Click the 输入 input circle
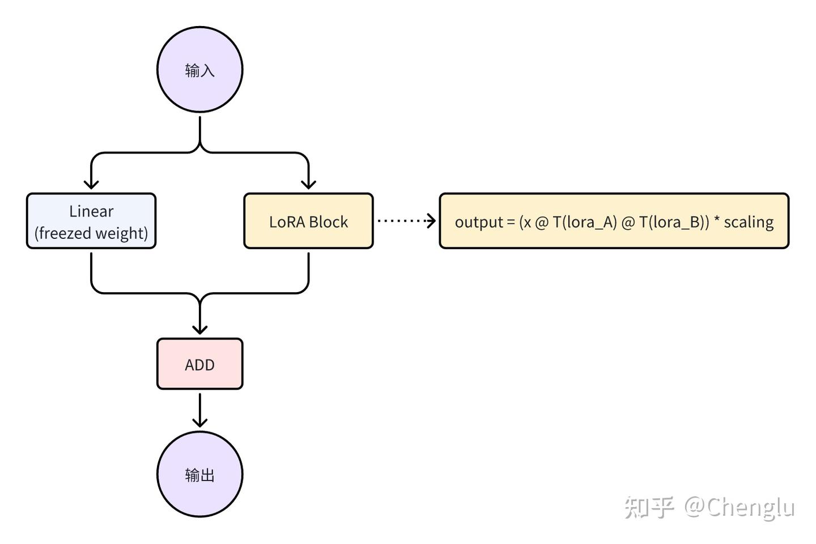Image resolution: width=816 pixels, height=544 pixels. pos(199,70)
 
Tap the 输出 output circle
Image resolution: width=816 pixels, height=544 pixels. pos(199,474)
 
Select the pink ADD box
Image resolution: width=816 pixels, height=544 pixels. pos(199,365)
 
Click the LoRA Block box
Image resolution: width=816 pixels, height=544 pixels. pos(308,221)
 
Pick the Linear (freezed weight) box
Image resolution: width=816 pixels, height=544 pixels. pos(91,221)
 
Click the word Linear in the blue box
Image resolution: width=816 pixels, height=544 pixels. pos(91,211)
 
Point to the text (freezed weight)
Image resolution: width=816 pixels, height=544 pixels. pos(91,233)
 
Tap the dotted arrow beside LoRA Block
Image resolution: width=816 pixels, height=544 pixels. pos(405,221)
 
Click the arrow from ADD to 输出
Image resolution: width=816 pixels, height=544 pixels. pos(199,410)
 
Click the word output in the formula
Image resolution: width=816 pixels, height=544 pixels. pos(479,222)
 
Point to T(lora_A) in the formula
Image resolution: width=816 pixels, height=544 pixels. pos(585,222)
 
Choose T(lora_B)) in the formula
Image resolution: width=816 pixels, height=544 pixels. pos(674,222)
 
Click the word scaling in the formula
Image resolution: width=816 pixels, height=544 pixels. pos(749,222)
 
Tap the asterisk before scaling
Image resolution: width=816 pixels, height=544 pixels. pos(717,220)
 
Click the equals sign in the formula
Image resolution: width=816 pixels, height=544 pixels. pos(511,222)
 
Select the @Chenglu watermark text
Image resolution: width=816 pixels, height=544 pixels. pos(739,507)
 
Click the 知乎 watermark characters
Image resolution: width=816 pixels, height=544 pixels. pos(649,507)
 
